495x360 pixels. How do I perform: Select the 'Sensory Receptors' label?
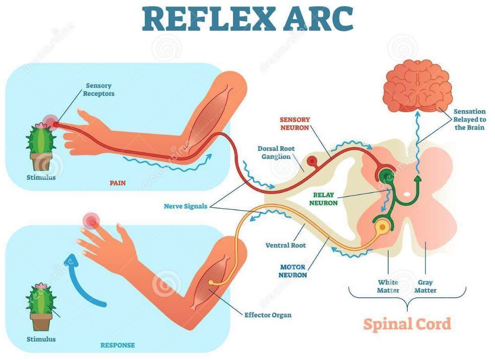tap(99, 90)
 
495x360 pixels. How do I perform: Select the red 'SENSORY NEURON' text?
tap(295, 123)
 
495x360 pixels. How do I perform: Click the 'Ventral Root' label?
tap(286, 245)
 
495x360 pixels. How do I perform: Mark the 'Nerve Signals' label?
tap(186, 206)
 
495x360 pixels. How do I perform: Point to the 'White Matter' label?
tap(388, 286)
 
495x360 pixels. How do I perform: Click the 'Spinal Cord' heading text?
tap(407, 324)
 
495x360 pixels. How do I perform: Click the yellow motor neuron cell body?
tap(383, 227)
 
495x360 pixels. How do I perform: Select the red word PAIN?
tap(117, 183)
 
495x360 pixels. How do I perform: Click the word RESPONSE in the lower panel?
tap(117, 345)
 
